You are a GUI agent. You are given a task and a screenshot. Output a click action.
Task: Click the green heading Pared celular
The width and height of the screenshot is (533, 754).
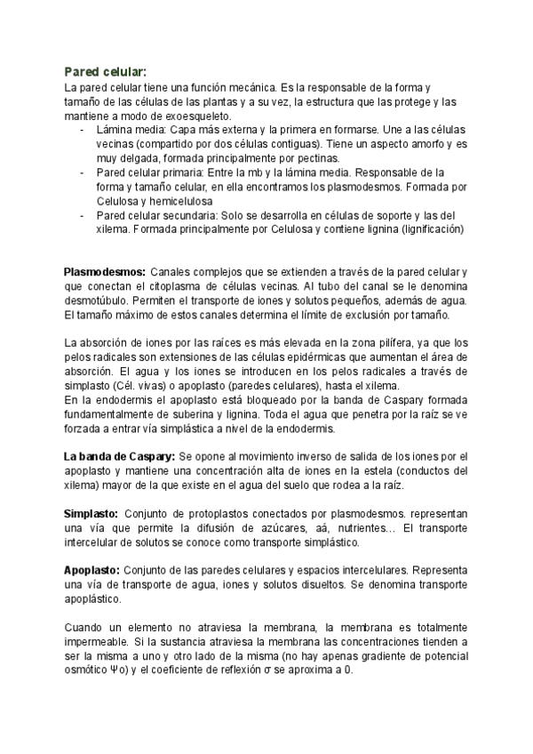pyautogui.click(x=106, y=71)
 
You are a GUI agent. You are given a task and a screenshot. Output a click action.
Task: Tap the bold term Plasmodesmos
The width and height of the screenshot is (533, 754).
pyautogui.click(x=105, y=270)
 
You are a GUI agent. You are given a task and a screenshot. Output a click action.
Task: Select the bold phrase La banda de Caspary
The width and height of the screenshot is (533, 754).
pyautogui.click(x=119, y=457)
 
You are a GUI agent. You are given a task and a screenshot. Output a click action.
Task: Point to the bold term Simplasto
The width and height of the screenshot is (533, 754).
pyautogui.click(x=91, y=514)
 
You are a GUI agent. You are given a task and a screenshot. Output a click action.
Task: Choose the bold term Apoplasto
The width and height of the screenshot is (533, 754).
pyautogui.click(x=92, y=571)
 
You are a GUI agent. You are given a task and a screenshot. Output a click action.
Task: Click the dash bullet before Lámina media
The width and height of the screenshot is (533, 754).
pyautogui.click(x=83, y=130)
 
